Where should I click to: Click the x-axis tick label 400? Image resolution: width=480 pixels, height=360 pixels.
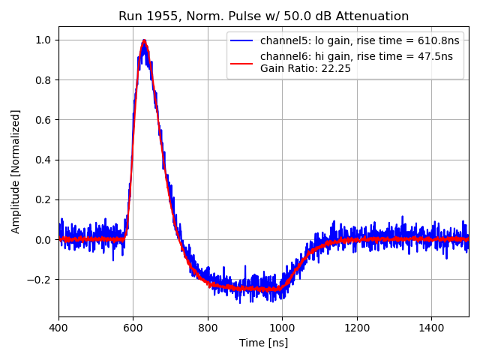point(58,328)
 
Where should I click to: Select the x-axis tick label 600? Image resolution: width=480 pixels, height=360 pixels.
point(133,328)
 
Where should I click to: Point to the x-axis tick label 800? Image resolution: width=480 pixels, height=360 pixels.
point(208,328)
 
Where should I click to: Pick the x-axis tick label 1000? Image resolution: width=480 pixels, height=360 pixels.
point(282,328)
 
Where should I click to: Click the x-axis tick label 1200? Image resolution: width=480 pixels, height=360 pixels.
point(357,328)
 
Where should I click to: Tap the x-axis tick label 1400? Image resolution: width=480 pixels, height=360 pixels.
point(431,328)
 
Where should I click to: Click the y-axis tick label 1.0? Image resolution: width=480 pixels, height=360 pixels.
point(43,40)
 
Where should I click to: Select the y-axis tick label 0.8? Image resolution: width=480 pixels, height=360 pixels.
point(43,80)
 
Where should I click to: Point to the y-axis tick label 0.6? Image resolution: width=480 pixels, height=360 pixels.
point(43,120)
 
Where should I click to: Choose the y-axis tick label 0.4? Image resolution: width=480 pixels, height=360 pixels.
point(43,160)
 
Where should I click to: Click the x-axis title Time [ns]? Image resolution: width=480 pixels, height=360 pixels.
point(263,343)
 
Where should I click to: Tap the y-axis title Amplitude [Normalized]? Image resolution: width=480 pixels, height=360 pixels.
point(16,171)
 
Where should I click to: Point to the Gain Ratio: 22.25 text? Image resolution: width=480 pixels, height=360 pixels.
point(305,69)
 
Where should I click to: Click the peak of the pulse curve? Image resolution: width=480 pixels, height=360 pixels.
point(144,40)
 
